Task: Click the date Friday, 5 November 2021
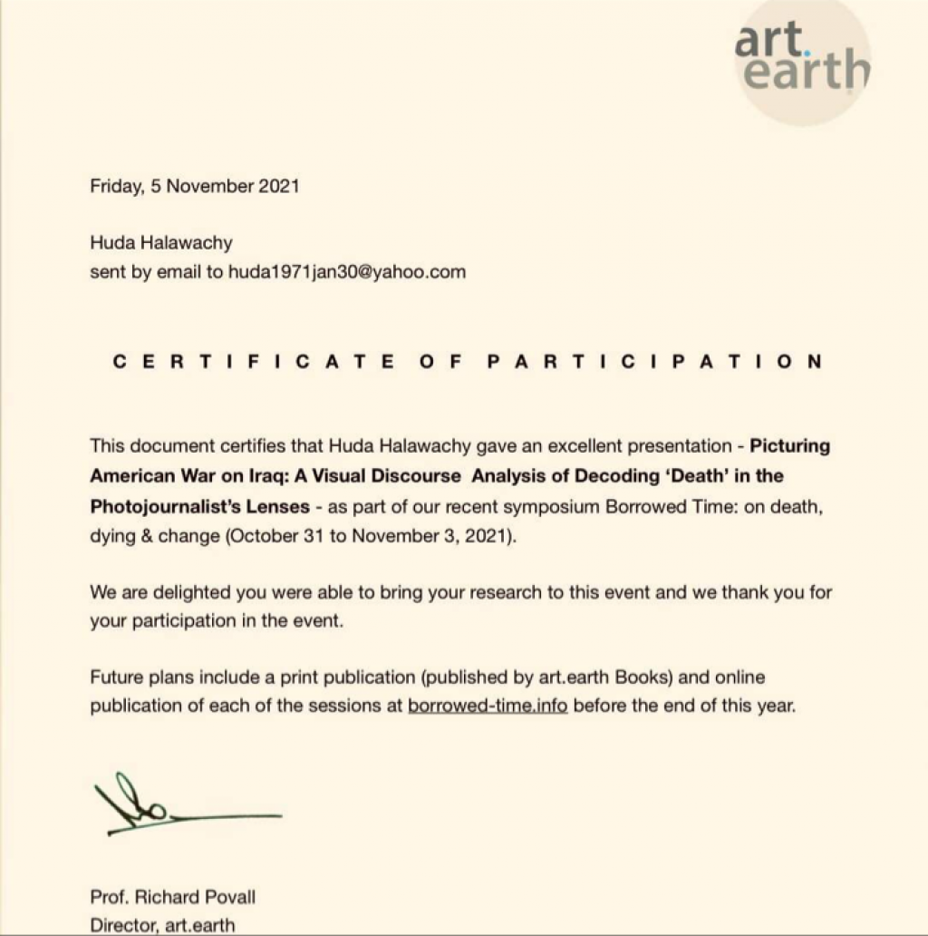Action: click(194, 187)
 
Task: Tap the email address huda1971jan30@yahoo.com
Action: click(346, 271)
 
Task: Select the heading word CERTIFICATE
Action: click(254, 361)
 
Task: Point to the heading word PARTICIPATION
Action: click(654, 361)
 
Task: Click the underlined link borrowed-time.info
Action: click(488, 707)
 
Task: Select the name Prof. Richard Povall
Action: click(172, 898)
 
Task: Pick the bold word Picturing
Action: click(790, 446)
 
